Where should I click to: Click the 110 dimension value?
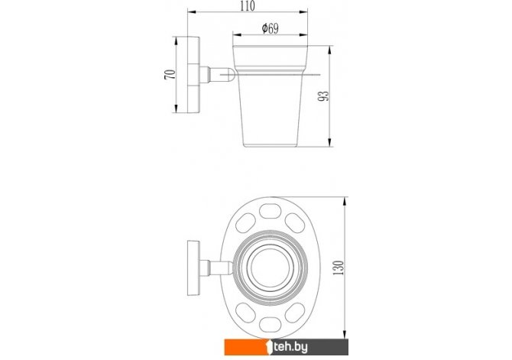click(x=247, y=6)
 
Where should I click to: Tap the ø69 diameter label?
click(x=271, y=29)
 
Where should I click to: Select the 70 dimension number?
click(x=170, y=74)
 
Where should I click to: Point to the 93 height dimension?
click(x=323, y=96)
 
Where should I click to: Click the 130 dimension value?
click(x=339, y=268)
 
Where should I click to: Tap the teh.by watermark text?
click(x=290, y=347)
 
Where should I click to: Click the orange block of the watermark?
click(x=245, y=347)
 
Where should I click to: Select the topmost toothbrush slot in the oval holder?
click(x=270, y=211)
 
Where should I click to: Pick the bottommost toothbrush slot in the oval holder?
click(x=270, y=324)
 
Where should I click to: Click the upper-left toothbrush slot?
click(x=245, y=223)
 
